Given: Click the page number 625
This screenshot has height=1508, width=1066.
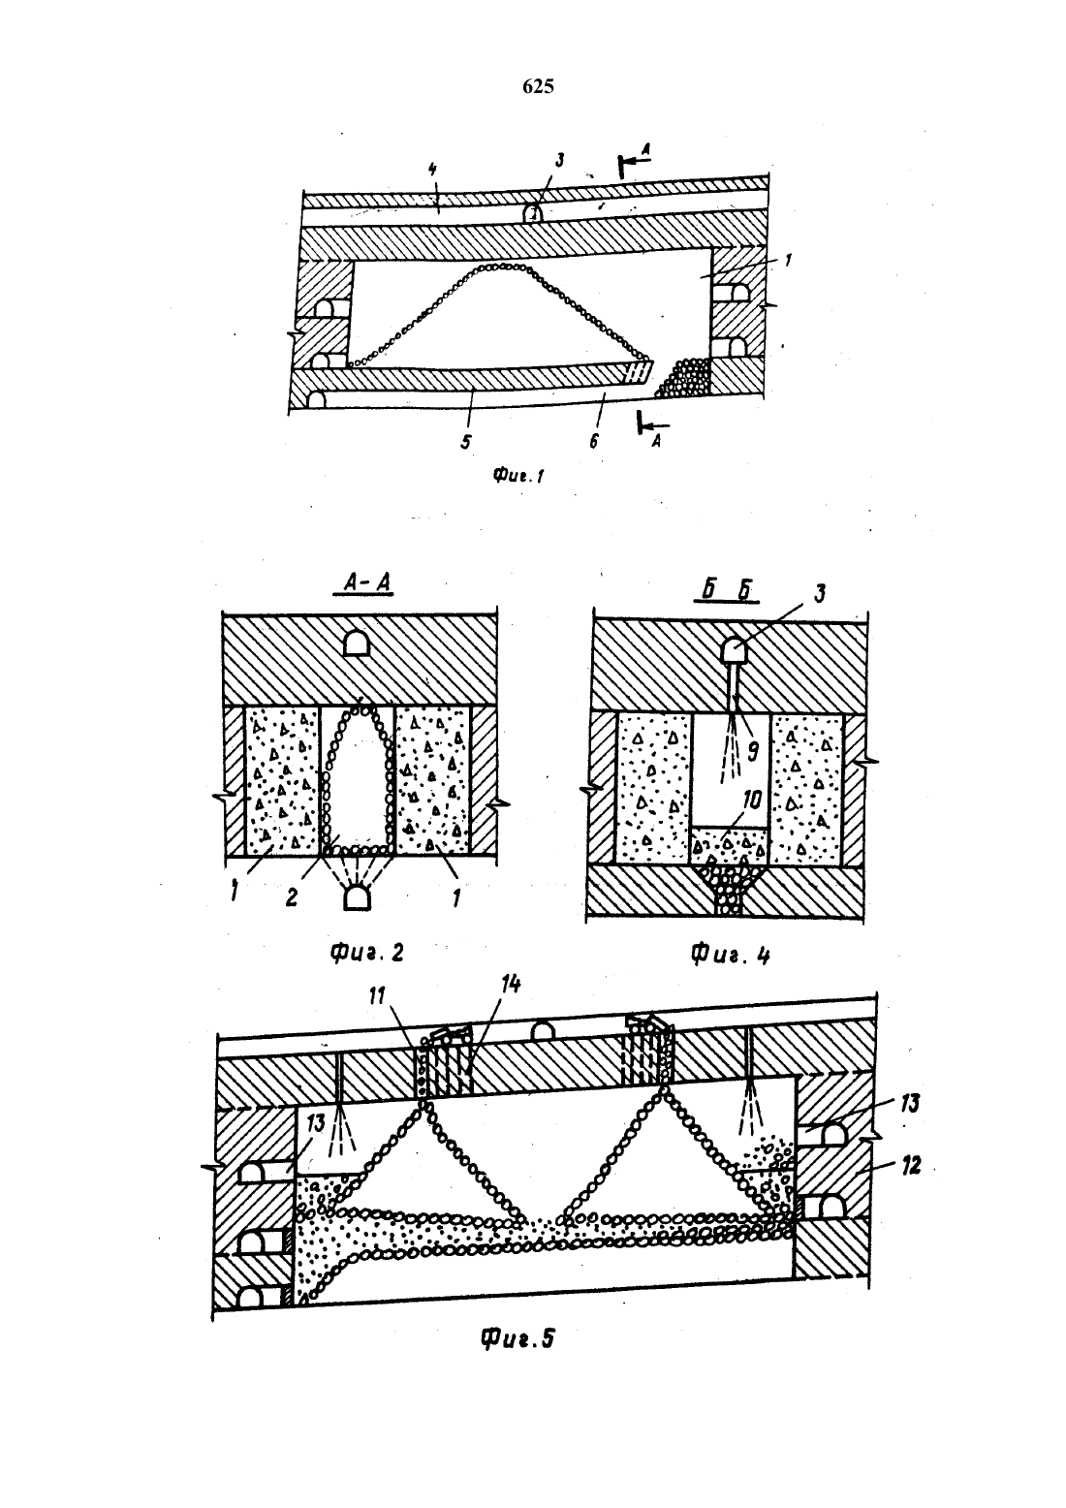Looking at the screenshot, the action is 538,86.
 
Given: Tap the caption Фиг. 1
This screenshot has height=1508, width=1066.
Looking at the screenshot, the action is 517,477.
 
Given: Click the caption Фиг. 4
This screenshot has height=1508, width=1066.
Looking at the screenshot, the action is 730,956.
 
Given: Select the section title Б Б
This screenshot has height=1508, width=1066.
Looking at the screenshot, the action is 727,590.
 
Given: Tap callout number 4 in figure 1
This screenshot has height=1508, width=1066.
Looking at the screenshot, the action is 433,170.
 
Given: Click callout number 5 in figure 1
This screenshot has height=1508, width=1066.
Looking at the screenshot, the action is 466,442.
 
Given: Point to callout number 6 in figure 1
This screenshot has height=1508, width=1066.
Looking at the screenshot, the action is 594,442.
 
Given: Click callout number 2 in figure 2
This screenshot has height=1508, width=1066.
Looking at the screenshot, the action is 291,898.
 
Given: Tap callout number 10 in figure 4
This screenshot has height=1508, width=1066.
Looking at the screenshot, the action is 752,800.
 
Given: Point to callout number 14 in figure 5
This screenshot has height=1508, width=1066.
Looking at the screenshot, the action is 510,985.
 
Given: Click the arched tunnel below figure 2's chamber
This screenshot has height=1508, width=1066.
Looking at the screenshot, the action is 358,898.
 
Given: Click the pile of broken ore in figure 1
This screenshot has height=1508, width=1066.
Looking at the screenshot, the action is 684,378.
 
